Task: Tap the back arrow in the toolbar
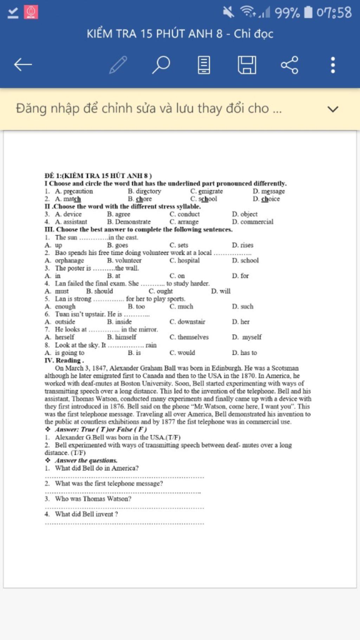pos(23,65)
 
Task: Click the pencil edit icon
pos(118,65)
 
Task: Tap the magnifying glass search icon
pos(161,65)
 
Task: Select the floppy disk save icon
pos(247,65)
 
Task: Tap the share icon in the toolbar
pos(289,65)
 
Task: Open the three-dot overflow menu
pos(333,65)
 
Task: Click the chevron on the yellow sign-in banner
pos(333,109)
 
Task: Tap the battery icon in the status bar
pos(308,12)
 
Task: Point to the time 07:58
pos(334,13)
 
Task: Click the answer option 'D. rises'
pos(243,245)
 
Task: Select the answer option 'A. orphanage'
pos(65,261)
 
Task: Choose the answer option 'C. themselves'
pos(189,337)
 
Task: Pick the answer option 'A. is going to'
pos(65,353)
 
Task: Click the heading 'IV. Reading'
pos(64,360)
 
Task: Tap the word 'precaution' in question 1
pos(78,191)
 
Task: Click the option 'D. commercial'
pos(252,222)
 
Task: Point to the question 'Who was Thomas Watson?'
pos(93,499)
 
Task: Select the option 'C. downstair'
pos(187,322)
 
